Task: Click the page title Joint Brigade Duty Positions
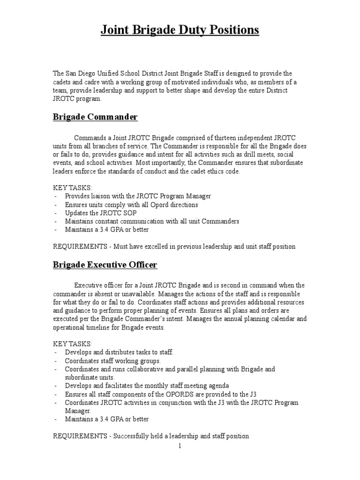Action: coord(180,30)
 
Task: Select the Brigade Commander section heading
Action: coord(95,117)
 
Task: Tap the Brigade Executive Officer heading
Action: coord(105,265)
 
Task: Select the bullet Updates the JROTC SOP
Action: coord(98,213)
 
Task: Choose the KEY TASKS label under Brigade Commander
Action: coord(73,187)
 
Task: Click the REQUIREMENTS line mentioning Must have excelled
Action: coord(174,247)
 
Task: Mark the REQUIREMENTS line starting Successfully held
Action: coord(150,436)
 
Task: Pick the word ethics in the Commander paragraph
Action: coord(208,171)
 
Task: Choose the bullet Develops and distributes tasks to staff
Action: coord(119,352)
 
